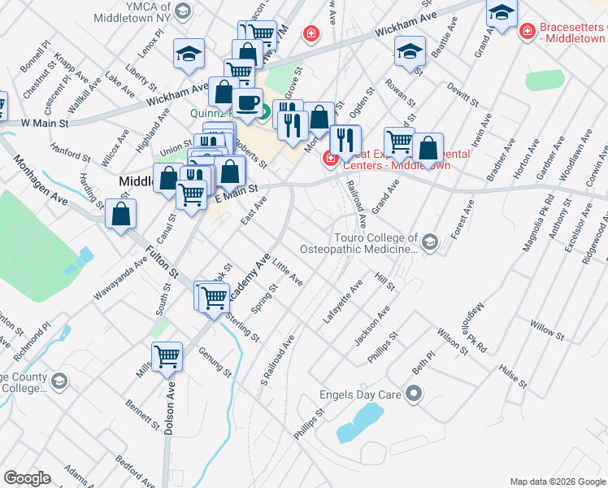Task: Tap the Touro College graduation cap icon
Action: (x=428, y=240)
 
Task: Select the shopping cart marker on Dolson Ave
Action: (x=167, y=356)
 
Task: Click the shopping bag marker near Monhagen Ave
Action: (x=120, y=215)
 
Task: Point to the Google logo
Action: (x=27, y=477)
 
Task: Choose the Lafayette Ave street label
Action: (x=342, y=303)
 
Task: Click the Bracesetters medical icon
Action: (x=527, y=32)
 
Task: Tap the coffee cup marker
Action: (x=250, y=102)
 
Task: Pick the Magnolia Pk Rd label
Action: (x=536, y=222)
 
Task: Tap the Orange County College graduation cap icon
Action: (x=59, y=381)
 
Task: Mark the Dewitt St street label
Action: (x=463, y=95)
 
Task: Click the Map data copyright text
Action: (x=557, y=481)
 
